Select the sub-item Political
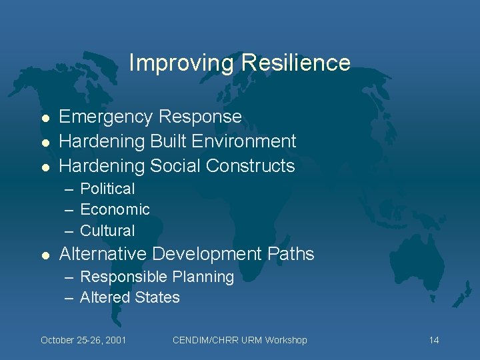coord(107,189)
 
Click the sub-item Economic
coord(115,209)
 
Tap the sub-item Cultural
coord(107,231)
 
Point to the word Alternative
coord(103,254)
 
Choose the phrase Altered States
coord(129,297)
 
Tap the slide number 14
coord(434,340)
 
